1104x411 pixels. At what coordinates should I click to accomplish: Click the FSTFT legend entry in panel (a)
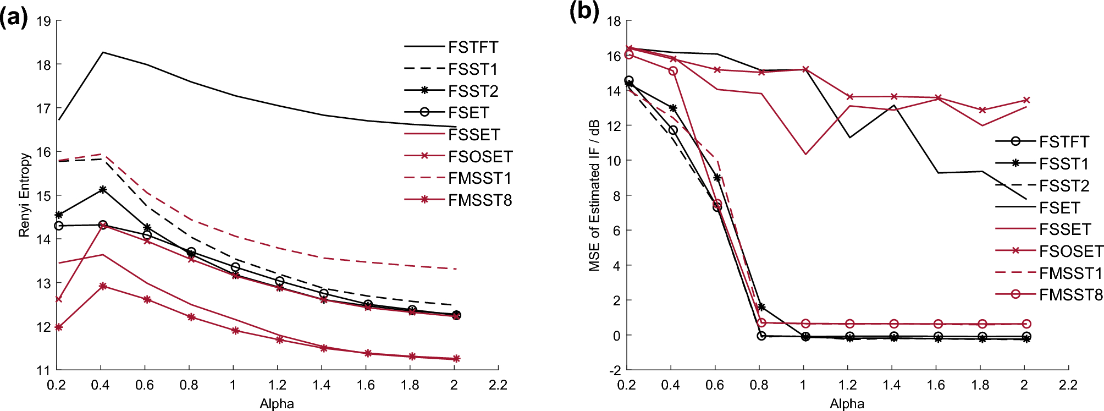473,47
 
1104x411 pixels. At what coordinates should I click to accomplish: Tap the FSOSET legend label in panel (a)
480,157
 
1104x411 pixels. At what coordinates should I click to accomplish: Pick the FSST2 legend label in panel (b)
1064,186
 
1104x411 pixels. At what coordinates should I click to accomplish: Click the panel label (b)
584,11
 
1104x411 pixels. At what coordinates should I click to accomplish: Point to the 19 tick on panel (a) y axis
43,21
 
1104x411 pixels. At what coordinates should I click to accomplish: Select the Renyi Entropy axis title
24,195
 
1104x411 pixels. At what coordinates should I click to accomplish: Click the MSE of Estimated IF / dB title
594,195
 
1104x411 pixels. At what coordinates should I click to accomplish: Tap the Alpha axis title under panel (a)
277,404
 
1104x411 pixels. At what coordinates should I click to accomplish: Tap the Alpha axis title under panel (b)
847,404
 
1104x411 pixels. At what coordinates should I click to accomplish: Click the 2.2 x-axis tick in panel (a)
498,385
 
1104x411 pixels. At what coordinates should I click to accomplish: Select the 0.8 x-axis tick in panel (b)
759,385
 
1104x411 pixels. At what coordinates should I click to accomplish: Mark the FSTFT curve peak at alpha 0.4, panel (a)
102,53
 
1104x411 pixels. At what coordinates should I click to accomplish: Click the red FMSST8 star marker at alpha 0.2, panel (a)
59,327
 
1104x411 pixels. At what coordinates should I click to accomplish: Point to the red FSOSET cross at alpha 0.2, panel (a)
59,299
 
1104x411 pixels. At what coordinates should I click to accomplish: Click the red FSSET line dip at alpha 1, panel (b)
805,154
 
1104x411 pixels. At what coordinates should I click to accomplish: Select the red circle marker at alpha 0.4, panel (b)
673,71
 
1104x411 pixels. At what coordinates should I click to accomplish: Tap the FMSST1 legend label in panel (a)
479,178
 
